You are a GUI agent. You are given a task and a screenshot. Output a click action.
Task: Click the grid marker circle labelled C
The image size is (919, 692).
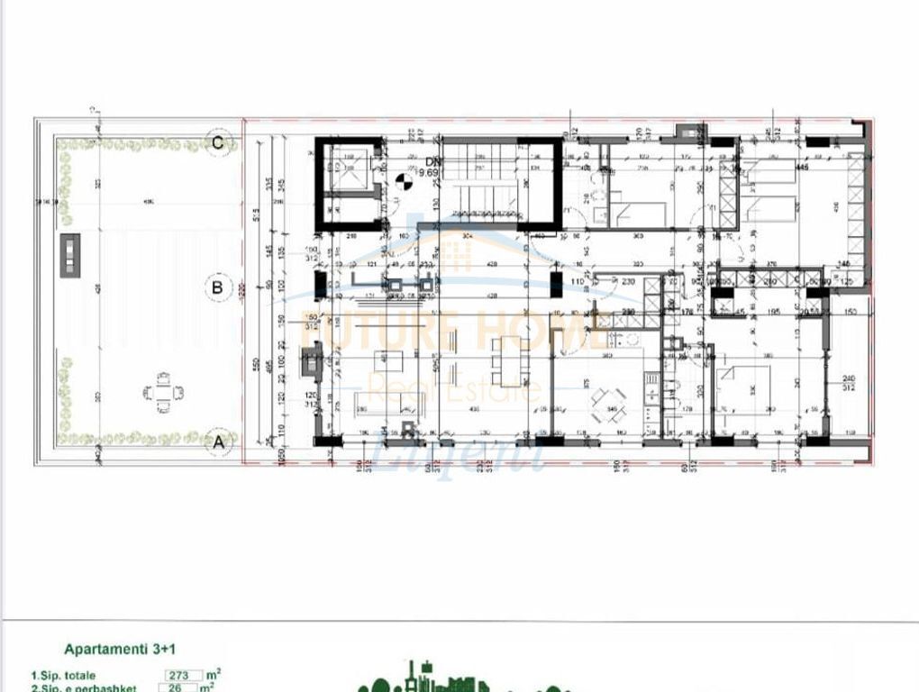coord(217,142)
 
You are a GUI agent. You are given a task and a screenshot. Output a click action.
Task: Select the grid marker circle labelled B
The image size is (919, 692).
coord(216,288)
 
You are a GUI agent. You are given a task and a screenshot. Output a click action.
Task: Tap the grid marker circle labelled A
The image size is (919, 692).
coord(216,442)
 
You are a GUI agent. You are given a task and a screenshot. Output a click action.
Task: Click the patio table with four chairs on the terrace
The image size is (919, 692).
coord(164,394)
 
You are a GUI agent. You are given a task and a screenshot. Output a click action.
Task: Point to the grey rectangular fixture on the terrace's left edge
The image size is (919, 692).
coord(70,255)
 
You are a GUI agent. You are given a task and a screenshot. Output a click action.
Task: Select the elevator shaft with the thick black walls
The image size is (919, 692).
coord(348,185)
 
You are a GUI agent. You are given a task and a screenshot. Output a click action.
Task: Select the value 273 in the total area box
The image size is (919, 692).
coord(180,675)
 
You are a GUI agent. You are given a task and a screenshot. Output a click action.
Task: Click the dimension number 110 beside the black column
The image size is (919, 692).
coord(578,282)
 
